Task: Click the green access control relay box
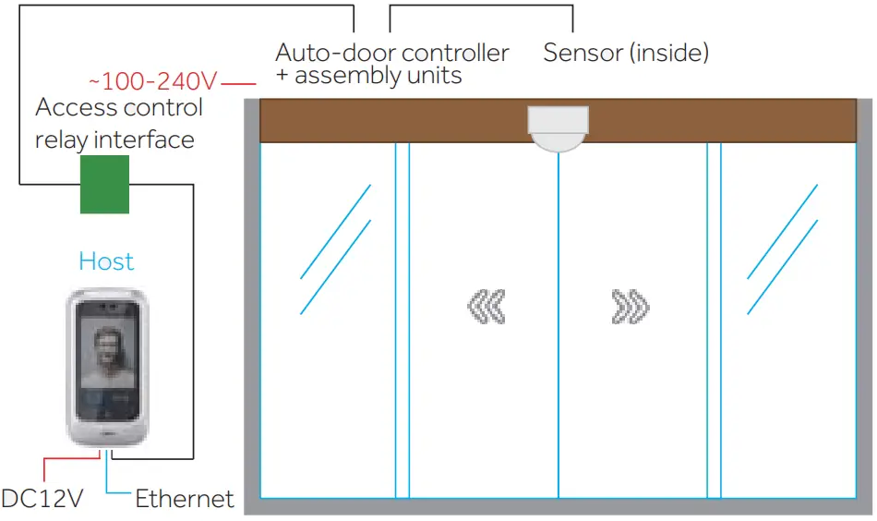[104, 185]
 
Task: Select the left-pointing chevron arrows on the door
[486, 307]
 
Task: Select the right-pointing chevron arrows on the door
[631, 307]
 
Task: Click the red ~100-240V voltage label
[152, 81]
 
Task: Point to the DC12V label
[42, 500]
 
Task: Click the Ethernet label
[185, 500]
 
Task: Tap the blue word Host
[106, 261]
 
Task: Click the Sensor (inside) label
[626, 53]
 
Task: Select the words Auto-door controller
[392, 53]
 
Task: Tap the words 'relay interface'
[114, 139]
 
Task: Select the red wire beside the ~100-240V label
[238, 81]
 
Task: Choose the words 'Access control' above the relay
[119, 107]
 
